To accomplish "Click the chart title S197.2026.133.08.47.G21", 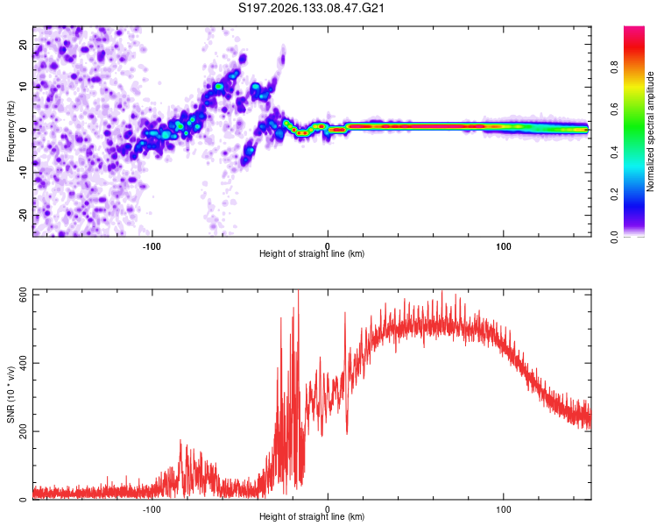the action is pyautogui.click(x=311, y=8).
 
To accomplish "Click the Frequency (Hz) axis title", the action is pyautogui.click(x=11, y=131).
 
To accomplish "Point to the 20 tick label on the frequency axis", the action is pyautogui.click(x=23, y=45).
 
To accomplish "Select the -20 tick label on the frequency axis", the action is pyautogui.click(x=23, y=215).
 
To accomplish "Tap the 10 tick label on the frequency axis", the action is pyautogui.click(x=23, y=87).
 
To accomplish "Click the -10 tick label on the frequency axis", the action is pyautogui.click(x=23, y=173).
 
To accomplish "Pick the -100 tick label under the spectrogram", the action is pyautogui.click(x=152, y=246).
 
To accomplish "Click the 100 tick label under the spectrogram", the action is pyautogui.click(x=503, y=246).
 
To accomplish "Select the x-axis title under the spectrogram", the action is pyautogui.click(x=312, y=253).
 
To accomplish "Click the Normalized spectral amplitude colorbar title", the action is pyautogui.click(x=650, y=131).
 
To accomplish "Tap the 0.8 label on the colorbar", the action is pyautogui.click(x=614, y=67).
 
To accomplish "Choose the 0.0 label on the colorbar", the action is pyautogui.click(x=614, y=237).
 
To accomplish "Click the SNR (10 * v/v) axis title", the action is pyautogui.click(x=11, y=394).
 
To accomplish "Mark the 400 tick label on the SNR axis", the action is pyautogui.click(x=23, y=363).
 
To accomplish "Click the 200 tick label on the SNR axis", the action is pyautogui.click(x=23, y=431).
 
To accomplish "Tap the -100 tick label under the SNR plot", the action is pyautogui.click(x=152, y=509).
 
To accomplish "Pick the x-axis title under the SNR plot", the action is pyautogui.click(x=312, y=516).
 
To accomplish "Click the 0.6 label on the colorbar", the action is pyautogui.click(x=614, y=110).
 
